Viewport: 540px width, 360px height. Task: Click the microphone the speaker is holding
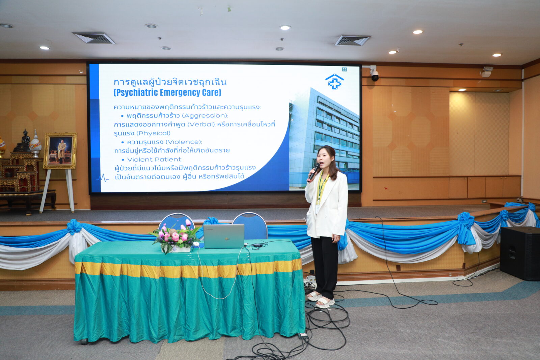pyautogui.click(x=314, y=172)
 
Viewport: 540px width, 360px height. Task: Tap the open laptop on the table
pyautogui.click(x=224, y=236)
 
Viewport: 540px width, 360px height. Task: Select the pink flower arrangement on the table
pyautogui.click(x=174, y=237)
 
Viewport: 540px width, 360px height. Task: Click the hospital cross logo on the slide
pyautogui.click(x=334, y=82)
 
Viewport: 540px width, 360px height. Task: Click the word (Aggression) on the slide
pyautogui.click(x=205, y=116)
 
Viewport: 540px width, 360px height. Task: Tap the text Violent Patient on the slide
pyautogui.click(x=155, y=160)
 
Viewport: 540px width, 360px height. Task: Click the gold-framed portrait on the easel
pyautogui.click(x=60, y=150)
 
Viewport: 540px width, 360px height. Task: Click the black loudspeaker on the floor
pyautogui.click(x=520, y=253)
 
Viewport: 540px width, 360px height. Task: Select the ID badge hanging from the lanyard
pyautogui.click(x=318, y=209)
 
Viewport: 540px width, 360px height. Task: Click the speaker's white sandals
pyautogui.click(x=320, y=300)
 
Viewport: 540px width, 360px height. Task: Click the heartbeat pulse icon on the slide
pyautogui.click(x=103, y=178)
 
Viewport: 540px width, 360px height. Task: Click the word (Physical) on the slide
pyautogui.click(x=153, y=133)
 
